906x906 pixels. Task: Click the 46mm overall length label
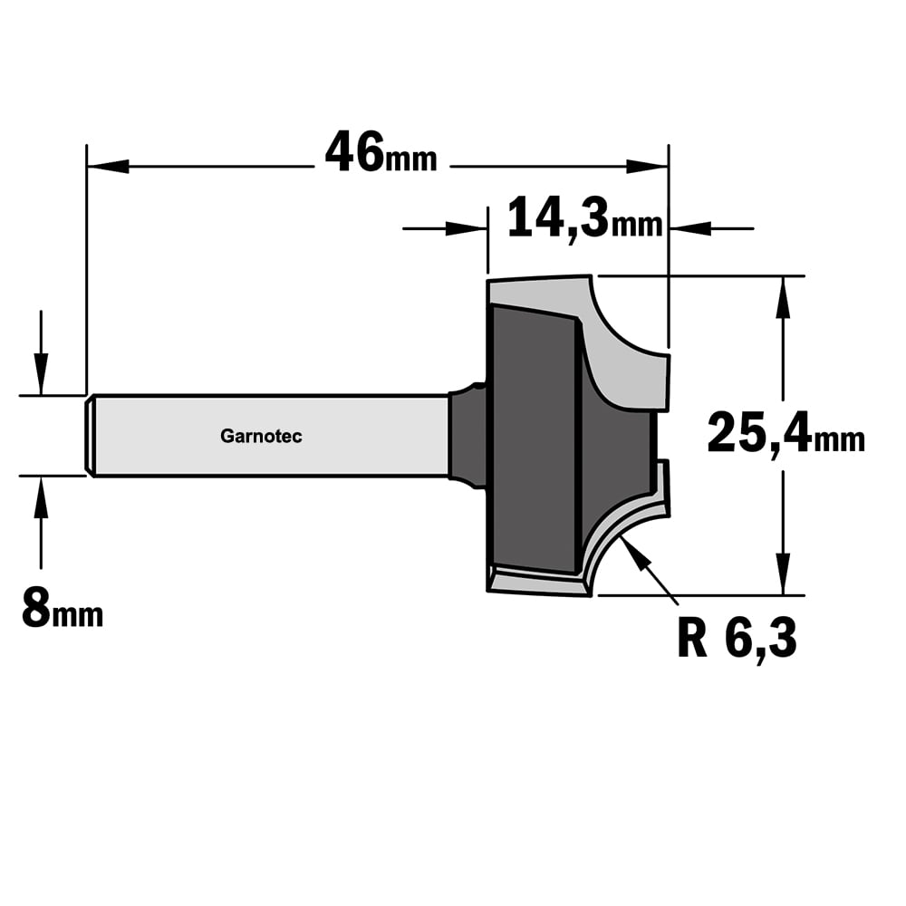pyautogui.click(x=381, y=153)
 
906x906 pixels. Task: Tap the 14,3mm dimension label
pyautogui.click(x=584, y=218)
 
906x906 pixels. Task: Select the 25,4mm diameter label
pyautogui.click(x=786, y=433)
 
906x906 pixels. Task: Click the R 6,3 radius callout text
pyautogui.click(x=737, y=639)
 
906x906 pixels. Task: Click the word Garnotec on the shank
pyautogui.click(x=261, y=437)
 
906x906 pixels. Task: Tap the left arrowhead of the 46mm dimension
pyautogui.click(x=108, y=167)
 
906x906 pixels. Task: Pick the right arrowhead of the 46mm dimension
pyautogui.click(x=647, y=167)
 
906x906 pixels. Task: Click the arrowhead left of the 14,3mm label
pyautogui.click(x=467, y=229)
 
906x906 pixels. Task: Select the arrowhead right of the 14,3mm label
pyautogui.click(x=689, y=229)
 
